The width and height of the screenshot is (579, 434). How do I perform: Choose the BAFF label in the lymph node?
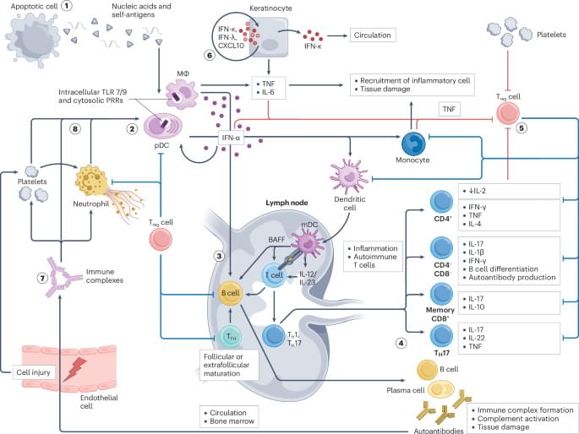click(x=252, y=240)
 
